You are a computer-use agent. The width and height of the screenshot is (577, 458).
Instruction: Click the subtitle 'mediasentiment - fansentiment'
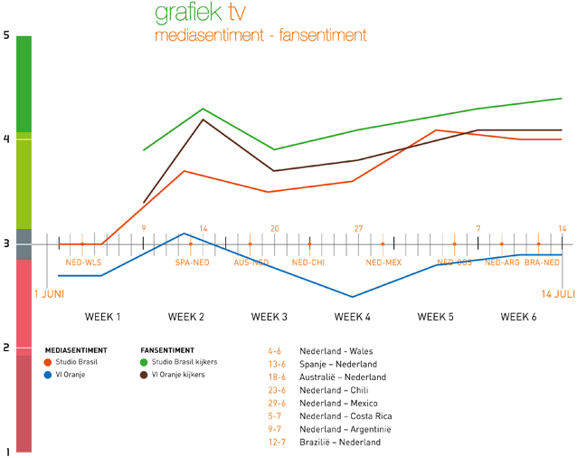[260, 35]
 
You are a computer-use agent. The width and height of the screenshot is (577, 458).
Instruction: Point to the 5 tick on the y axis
[6, 35]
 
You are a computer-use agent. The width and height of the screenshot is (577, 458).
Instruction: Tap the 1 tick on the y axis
[6, 451]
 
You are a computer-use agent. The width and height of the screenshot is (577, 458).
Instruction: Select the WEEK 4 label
[353, 317]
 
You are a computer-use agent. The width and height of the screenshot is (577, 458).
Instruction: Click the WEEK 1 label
[103, 317]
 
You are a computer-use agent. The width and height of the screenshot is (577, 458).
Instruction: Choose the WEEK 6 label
[519, 317]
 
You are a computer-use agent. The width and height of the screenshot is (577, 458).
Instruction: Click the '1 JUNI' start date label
[50, 294]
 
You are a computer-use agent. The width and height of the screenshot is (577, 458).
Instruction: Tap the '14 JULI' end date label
[558, 294]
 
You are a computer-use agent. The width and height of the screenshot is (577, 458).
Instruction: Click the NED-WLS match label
[82, 262]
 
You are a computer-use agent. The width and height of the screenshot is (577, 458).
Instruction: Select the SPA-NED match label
[192, 262]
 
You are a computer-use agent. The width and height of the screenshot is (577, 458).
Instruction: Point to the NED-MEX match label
[383, 262]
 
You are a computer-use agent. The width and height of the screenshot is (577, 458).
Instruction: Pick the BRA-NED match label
[541, 262]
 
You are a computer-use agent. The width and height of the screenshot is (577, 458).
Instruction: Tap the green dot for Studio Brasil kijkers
[145, 362]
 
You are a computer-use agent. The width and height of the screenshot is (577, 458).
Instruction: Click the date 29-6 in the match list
[277, 403]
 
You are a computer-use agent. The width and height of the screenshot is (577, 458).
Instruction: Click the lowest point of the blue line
[353, 297]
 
